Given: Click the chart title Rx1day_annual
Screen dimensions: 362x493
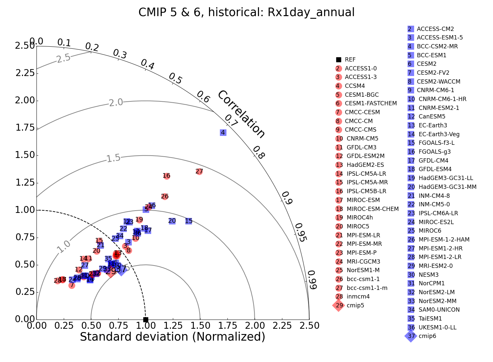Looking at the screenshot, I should pos(246,13).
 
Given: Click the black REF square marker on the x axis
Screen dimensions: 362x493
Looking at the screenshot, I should pos(146,320).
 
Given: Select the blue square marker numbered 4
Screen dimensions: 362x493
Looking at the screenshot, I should pos(223,133).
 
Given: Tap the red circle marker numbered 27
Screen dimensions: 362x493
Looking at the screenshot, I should pos(199,171).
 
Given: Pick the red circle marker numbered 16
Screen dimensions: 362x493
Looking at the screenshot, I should pos(167,176).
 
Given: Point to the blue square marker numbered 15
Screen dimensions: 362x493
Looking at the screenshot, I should pos(189,221).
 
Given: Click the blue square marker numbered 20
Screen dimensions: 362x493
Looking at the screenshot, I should pos(172,221).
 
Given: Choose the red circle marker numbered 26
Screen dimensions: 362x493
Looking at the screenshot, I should pos(165,196).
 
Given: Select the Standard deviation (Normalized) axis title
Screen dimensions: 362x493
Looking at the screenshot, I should pos(173,337).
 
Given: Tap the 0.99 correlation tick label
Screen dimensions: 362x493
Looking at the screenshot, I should pos(312,280).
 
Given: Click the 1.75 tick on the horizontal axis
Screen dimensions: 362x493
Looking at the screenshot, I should pos(227,326).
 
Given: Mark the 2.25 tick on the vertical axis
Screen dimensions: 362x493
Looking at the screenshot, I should pos(25,73).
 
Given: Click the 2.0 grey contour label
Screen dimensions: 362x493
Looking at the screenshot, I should pos(116,103).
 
